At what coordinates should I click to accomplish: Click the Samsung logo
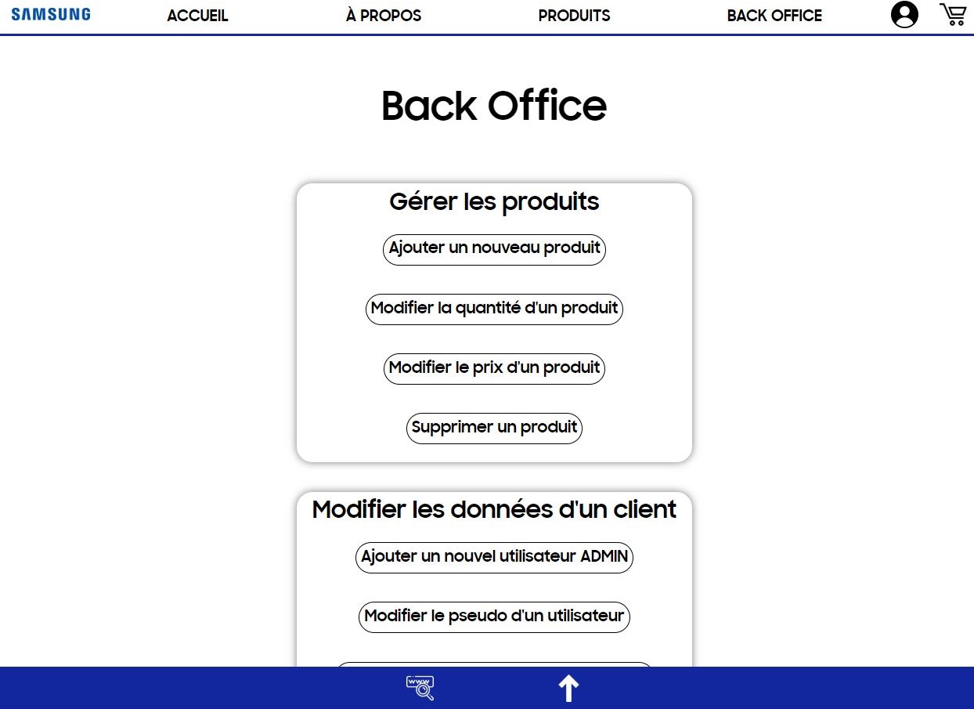point(51,14)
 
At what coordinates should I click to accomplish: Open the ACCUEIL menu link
point(197,16)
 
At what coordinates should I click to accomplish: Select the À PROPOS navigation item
point(384,16)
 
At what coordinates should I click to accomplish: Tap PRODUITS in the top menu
point(574,16)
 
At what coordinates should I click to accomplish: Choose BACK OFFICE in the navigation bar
point(774,16)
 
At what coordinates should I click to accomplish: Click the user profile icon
point(904,15)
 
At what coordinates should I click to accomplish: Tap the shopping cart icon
point(953,14)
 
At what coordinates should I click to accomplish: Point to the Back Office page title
point(494,106)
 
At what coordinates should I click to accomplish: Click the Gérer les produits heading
point(494,202)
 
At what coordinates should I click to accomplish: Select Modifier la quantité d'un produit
point(494,309)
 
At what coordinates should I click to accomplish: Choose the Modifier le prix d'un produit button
point(494,368)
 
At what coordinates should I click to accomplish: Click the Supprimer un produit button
point(494,428)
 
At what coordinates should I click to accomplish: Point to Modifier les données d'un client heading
point(494,510)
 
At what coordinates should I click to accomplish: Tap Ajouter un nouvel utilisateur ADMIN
point(494,557)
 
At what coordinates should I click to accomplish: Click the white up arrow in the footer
point(568,689)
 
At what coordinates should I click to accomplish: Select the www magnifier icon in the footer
point(420,688)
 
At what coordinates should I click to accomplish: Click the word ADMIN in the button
point(604,557)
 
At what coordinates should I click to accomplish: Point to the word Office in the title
point(547,106)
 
